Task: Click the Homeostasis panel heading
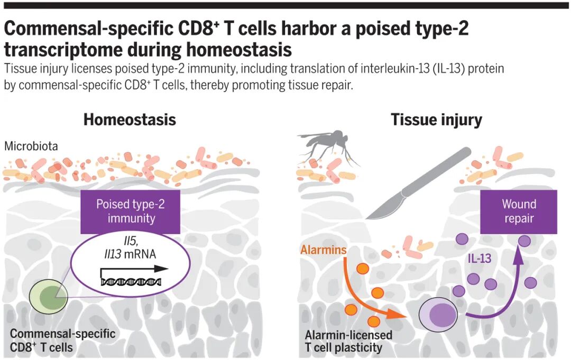pos(130,119)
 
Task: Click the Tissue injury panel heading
pos(436,119)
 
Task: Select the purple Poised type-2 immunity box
pos(131,211)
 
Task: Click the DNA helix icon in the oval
pos(130,281)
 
